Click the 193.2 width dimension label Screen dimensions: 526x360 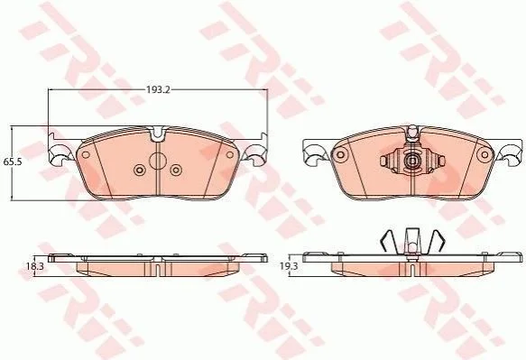tap(158, 89)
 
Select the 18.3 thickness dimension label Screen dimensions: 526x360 tap(35, 266)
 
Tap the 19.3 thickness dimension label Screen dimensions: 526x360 tap(289, 266)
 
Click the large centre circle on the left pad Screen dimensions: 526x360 tap(157, 161)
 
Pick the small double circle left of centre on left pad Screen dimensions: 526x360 tap(139, 170)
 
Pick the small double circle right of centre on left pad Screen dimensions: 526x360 tap(176, 170)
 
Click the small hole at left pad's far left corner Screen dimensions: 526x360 tap(86, 155)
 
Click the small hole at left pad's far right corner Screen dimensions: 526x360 tap(230, 155)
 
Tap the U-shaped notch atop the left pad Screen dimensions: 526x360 tap(157, 134)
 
